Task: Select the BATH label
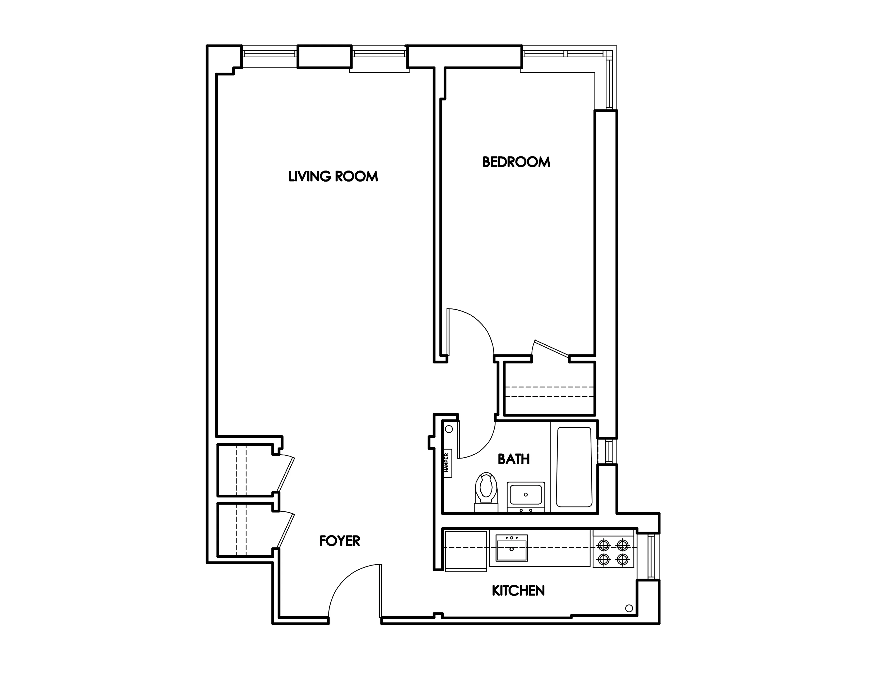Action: (513, 459)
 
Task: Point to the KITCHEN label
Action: (518, 590)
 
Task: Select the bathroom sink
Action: (525, 495)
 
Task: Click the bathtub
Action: (574, 467)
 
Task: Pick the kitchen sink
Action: (512, 548)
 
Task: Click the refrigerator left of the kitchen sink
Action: (466, 551)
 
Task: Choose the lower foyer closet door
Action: (286, 530)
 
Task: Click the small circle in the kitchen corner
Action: (629, 608)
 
